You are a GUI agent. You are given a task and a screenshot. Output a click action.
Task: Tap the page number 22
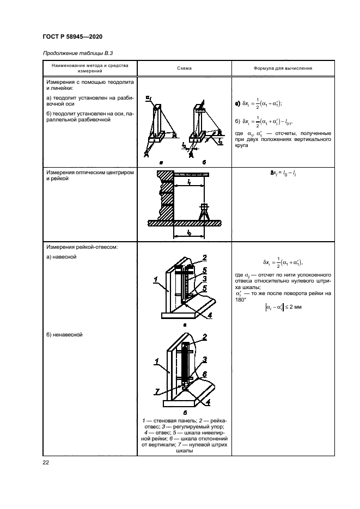(x=45, y=463)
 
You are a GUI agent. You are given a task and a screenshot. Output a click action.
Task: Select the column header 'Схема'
(x=184, y=69)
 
